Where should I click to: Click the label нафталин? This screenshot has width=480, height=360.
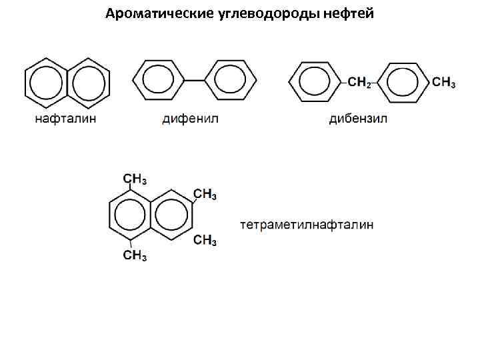tap(66, 119)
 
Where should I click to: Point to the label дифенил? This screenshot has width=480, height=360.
tap(190, 119)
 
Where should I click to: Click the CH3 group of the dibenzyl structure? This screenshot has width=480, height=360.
tap(444, 83)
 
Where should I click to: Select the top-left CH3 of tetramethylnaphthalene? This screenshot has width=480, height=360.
tap(135, 179)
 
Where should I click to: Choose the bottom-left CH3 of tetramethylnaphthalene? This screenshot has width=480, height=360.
tap(135, 255)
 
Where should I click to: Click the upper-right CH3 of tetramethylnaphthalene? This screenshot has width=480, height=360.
tap(205, 194)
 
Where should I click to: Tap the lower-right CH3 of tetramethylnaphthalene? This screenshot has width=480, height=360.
tap(205, 240)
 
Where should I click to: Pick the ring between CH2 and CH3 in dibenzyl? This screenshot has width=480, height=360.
tap(403, 83)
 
